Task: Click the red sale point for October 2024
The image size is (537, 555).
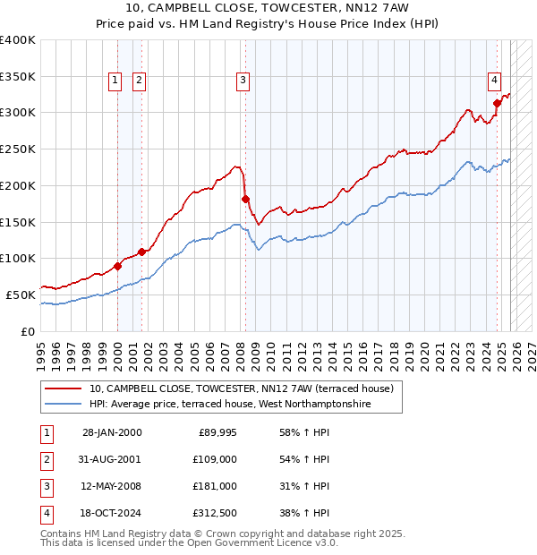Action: click(497, 103)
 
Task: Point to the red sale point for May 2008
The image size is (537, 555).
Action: click(245, 199)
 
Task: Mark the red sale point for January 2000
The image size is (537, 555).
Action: click(117, 266)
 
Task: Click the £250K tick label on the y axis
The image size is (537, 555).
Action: click(18, 149)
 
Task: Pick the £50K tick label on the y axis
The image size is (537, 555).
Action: click(21, 295)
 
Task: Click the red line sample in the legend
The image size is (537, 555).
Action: click(64, 389)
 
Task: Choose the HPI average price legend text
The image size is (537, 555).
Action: click(230, 405)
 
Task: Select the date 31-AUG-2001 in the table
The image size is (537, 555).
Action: click(111, 459)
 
